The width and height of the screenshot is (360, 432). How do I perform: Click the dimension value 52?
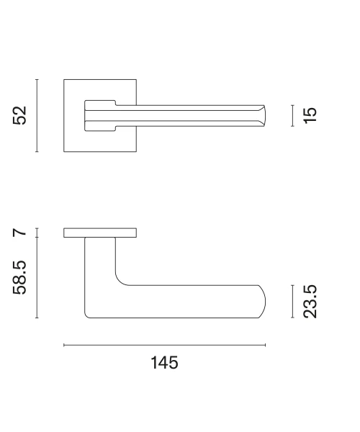coord(20,115)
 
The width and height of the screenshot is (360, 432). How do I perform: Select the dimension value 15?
coord(310,116)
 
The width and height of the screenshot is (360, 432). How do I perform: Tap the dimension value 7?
coord(20,233)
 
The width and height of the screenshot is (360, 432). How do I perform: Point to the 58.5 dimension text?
coord(20,277)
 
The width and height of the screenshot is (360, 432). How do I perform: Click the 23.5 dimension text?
coord(310,302)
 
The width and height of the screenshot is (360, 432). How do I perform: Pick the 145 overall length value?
coord(164,363)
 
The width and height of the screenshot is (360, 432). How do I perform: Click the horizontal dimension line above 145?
coord(164,345)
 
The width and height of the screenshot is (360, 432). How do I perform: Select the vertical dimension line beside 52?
coord(37,115)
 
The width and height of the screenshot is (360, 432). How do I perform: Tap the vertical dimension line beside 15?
coord(292,116)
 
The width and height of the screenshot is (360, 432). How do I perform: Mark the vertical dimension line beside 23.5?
coord(292,302)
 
